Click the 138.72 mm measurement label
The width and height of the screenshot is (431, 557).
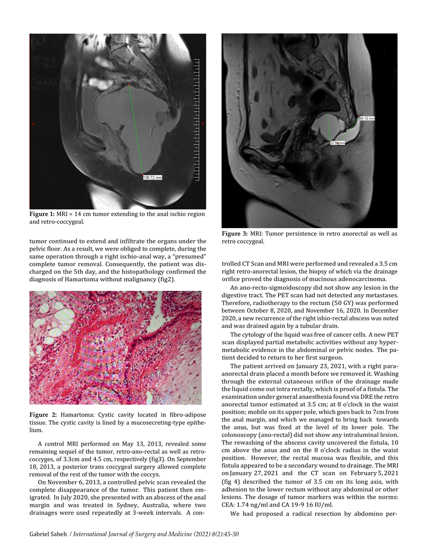point(153,177)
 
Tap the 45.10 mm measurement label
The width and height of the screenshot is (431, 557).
point(367,118)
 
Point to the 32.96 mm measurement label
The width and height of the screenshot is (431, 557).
point(338,143)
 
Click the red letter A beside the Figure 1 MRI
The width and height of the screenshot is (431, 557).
point(33,124)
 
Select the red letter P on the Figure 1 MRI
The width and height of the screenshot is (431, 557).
point(203,124)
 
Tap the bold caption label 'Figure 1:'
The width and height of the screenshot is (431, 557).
point(42,214)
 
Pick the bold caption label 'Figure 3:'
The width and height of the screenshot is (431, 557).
point(235,233)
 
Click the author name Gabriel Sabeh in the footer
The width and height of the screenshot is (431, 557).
point(48,534)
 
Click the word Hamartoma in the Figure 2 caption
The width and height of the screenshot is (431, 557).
point(76,415)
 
